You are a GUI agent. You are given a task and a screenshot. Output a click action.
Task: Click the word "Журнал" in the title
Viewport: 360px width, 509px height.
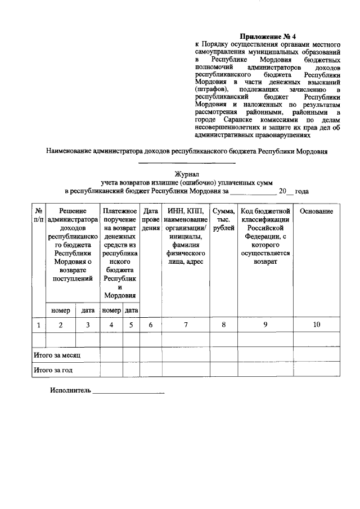click(186, 174)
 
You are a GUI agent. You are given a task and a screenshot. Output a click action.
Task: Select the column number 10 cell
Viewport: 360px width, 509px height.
click(316, 325)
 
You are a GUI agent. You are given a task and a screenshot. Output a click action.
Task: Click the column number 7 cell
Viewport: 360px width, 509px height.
click(186, 325)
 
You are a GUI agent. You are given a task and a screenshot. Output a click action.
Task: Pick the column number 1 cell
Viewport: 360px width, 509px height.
click(38, 325)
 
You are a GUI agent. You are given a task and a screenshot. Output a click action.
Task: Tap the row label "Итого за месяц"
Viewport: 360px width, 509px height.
click(57, 355)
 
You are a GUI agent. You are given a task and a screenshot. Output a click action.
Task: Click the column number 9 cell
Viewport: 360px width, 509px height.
click(265, 325)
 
